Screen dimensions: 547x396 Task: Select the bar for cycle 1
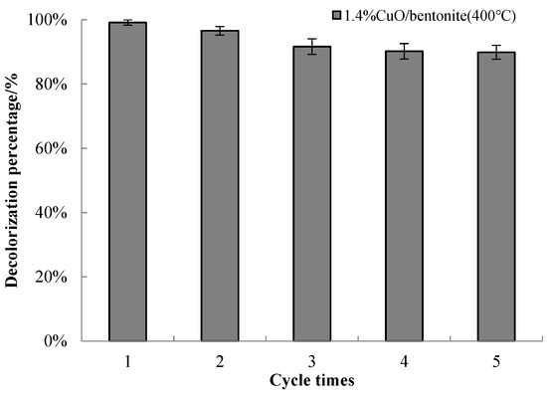click(127, 181)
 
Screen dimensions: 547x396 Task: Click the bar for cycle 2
click(220, 186)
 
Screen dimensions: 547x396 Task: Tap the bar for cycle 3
click(312, 194)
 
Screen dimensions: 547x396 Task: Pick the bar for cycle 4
click(404, 196)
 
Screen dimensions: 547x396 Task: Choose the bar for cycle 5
click(496, 196)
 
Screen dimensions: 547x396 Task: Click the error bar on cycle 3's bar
click(312, 47)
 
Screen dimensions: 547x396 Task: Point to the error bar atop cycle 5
click(496, 53)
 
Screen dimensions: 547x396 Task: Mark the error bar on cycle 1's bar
click(127, 22)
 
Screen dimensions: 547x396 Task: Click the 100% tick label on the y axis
click(48, 20)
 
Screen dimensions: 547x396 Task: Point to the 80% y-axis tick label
click(52, 85)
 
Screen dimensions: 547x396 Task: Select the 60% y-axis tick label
click(52, 148)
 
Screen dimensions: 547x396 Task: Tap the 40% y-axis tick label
click(52, 213)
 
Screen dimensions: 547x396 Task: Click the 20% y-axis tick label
click(52, 277)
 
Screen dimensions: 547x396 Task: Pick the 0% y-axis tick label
click(56, 341)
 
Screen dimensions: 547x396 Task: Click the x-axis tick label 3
click(312, 361)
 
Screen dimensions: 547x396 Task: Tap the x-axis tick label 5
click(496, 361)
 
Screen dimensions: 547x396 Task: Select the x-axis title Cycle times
click(312, 380)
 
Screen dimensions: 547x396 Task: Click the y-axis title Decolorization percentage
click(11, 180)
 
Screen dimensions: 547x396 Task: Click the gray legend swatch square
click(336, 15)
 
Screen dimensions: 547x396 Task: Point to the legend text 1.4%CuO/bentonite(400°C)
click(430, 16)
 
